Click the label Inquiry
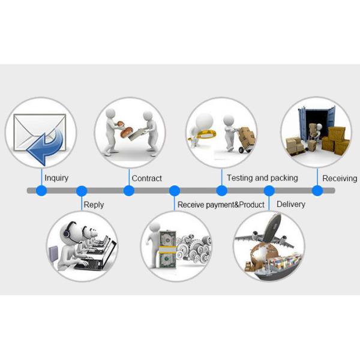(56, 178)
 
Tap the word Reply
(94, 205)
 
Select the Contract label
(146, 178)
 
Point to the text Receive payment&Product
(221, 205)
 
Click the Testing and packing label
(262, 178)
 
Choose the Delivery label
(290, 204)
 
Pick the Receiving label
(340, 178)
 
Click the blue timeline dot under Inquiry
(41, 191)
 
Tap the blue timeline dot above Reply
(82, 191)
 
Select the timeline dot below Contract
(128, 191)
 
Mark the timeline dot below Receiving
(317, 191)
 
